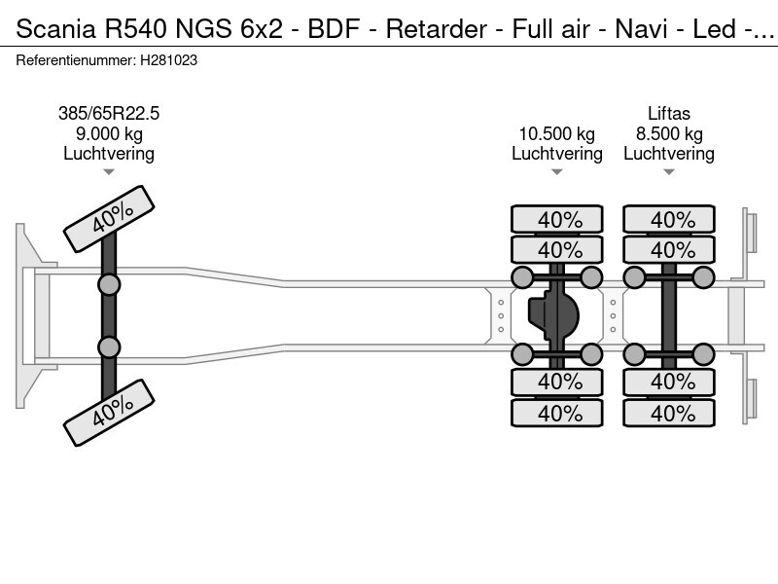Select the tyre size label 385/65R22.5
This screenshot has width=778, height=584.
point(109,114)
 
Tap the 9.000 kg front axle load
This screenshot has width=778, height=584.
point(109,134)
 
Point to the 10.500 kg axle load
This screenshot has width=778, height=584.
point(556,134)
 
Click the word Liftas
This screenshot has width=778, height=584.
point(669,114)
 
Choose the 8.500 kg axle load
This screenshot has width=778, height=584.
point(669,134)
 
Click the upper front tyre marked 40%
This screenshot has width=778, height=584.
point(109,220)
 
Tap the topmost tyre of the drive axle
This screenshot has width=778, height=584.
point(557,220)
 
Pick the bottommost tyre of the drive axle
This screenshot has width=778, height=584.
point(557,413)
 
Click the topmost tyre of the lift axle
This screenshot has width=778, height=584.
point(669,220)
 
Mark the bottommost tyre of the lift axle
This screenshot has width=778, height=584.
point(669,413)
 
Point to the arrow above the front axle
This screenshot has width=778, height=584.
point(109,172)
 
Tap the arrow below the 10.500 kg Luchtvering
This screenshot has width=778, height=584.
point(556,172)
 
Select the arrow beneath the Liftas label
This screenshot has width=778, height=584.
point(669,172)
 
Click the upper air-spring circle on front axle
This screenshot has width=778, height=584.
point(109,284)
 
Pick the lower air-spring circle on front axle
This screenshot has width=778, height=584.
point(109,347)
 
